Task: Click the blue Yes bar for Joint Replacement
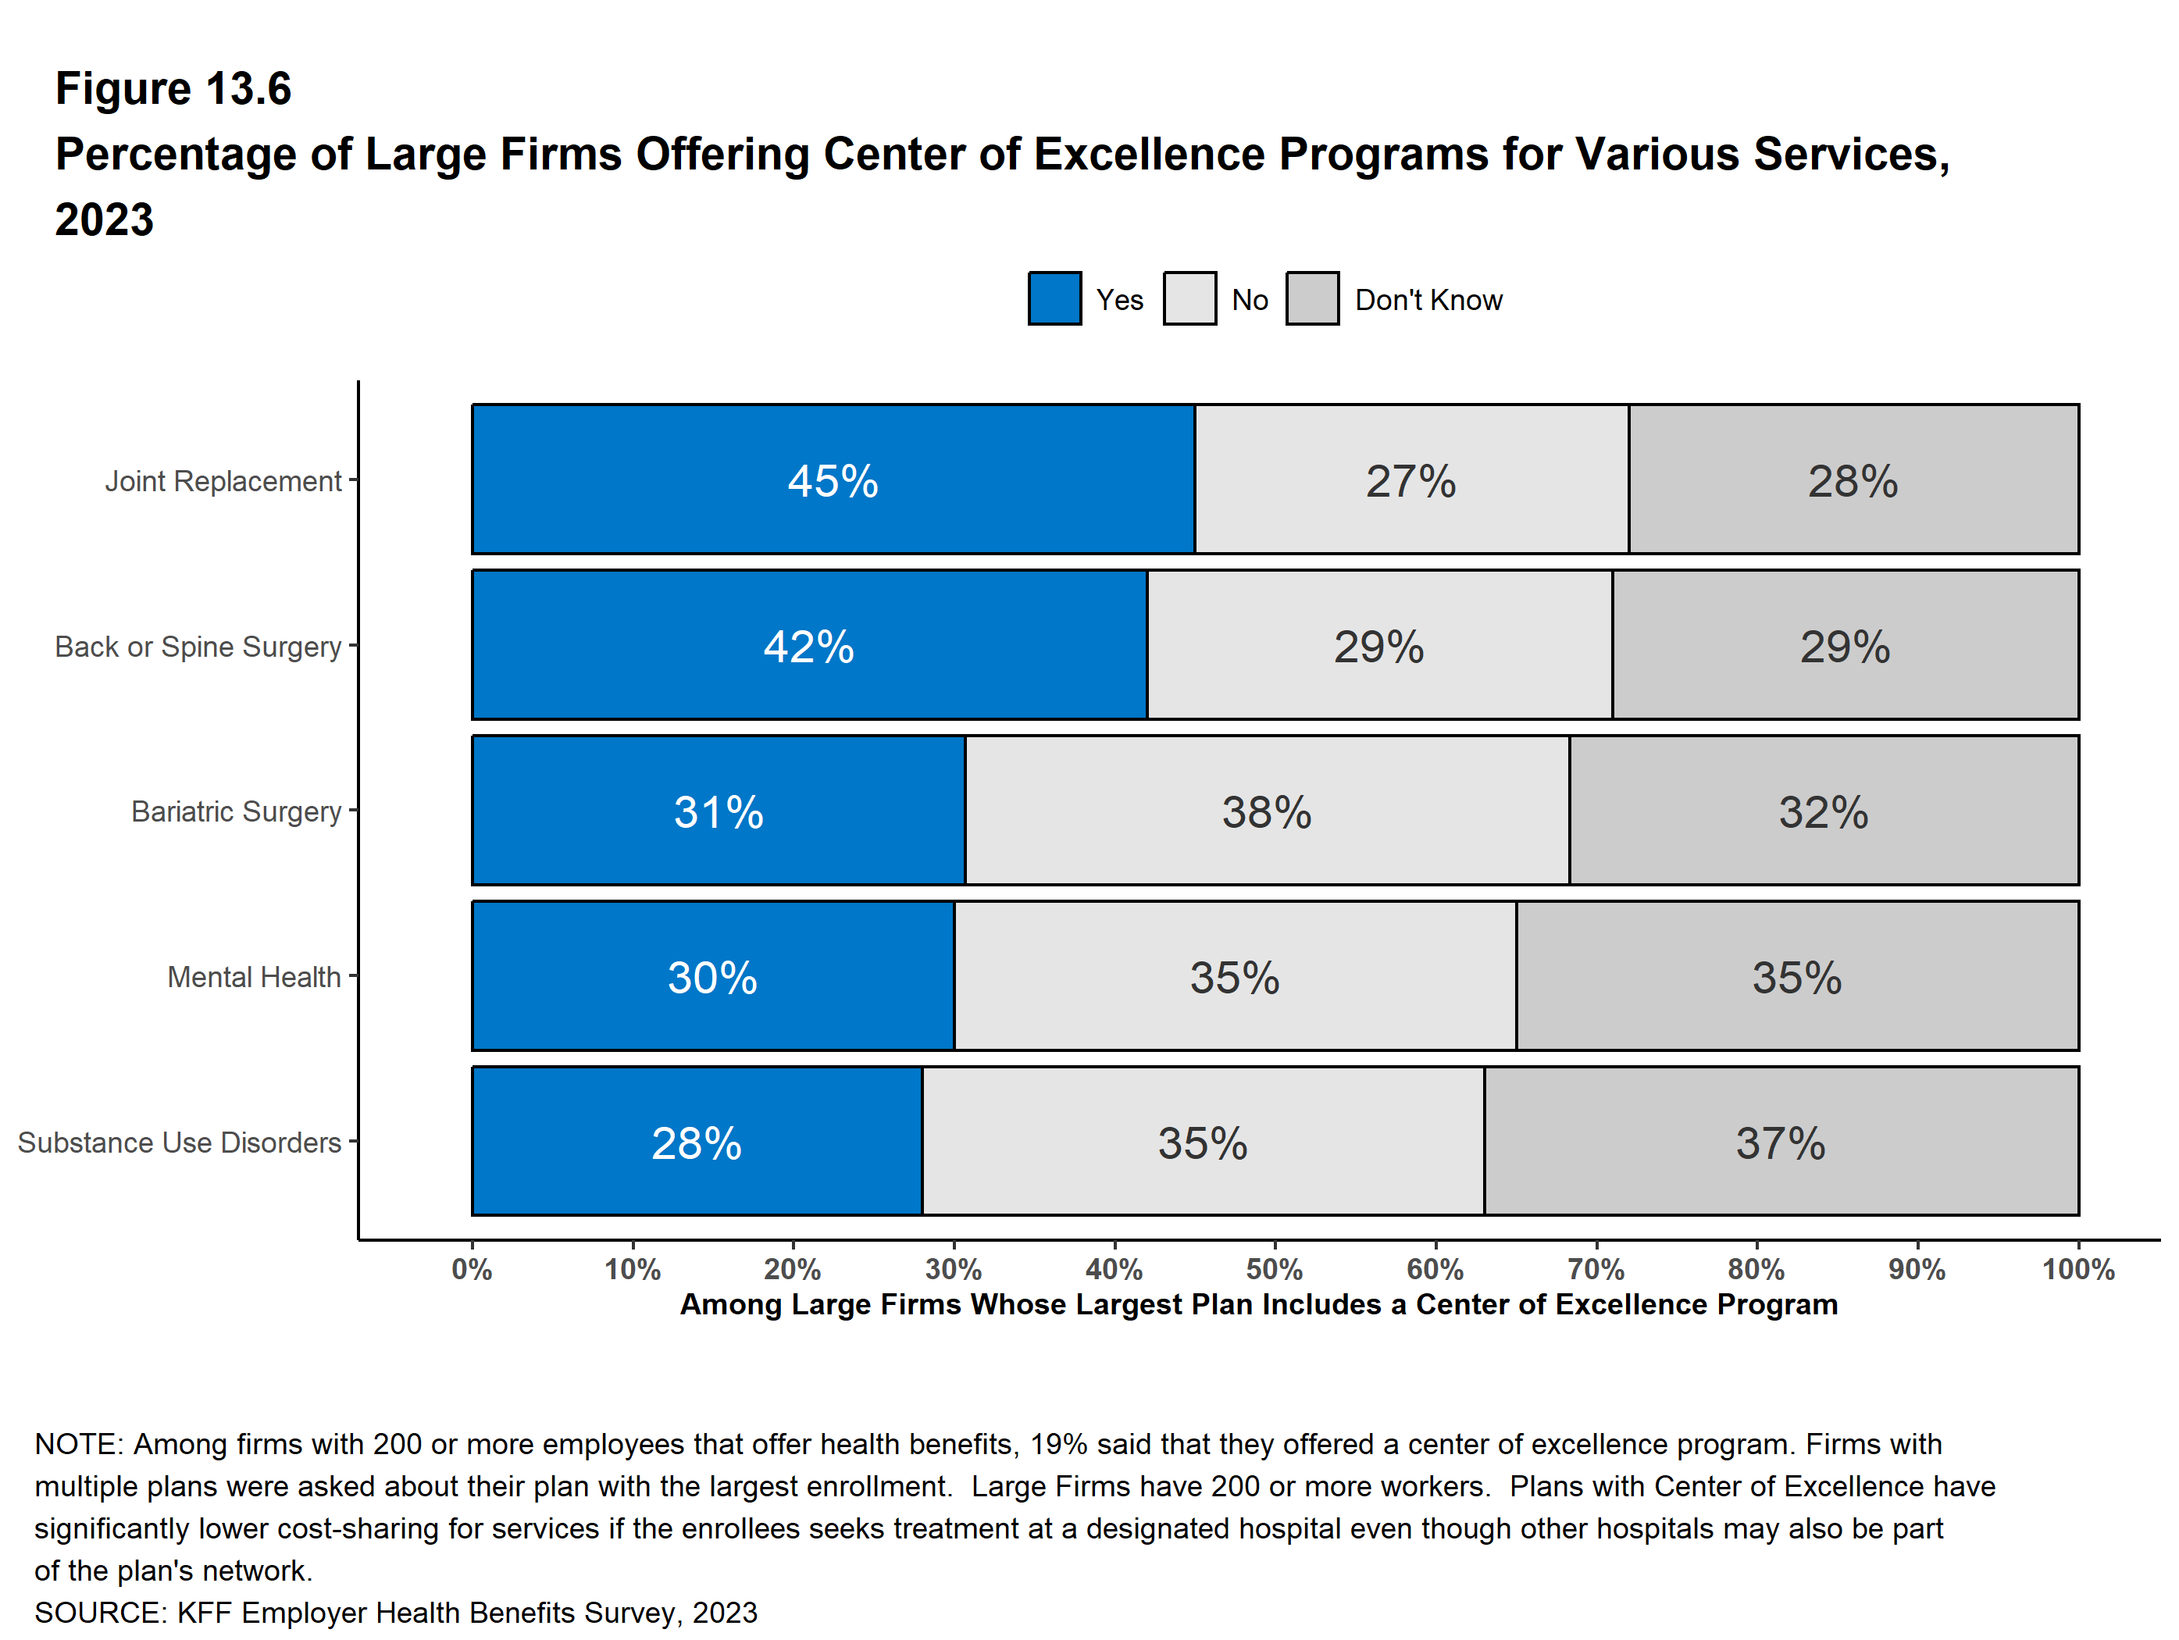coord(833,480)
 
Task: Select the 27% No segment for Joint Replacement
coord(1410,480)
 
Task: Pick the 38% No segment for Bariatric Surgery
coord(1267,811)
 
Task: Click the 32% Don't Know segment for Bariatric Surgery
coord(1824,811)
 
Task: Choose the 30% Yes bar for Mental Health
coord(712,977)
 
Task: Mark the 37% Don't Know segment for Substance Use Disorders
coord(1781,1143)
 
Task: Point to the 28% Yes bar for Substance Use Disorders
coord(697,1143)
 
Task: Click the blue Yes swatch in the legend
coord(1054,298)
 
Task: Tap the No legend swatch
coord(1189,298)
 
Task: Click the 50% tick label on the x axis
coord(1274,1270)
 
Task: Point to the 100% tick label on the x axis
coord(2077,1270)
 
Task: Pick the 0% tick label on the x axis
coord(472,1270)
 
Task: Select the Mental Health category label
coord(253,977)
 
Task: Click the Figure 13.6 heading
coord(173,89)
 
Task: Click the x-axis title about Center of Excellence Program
coord(1258,1304)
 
